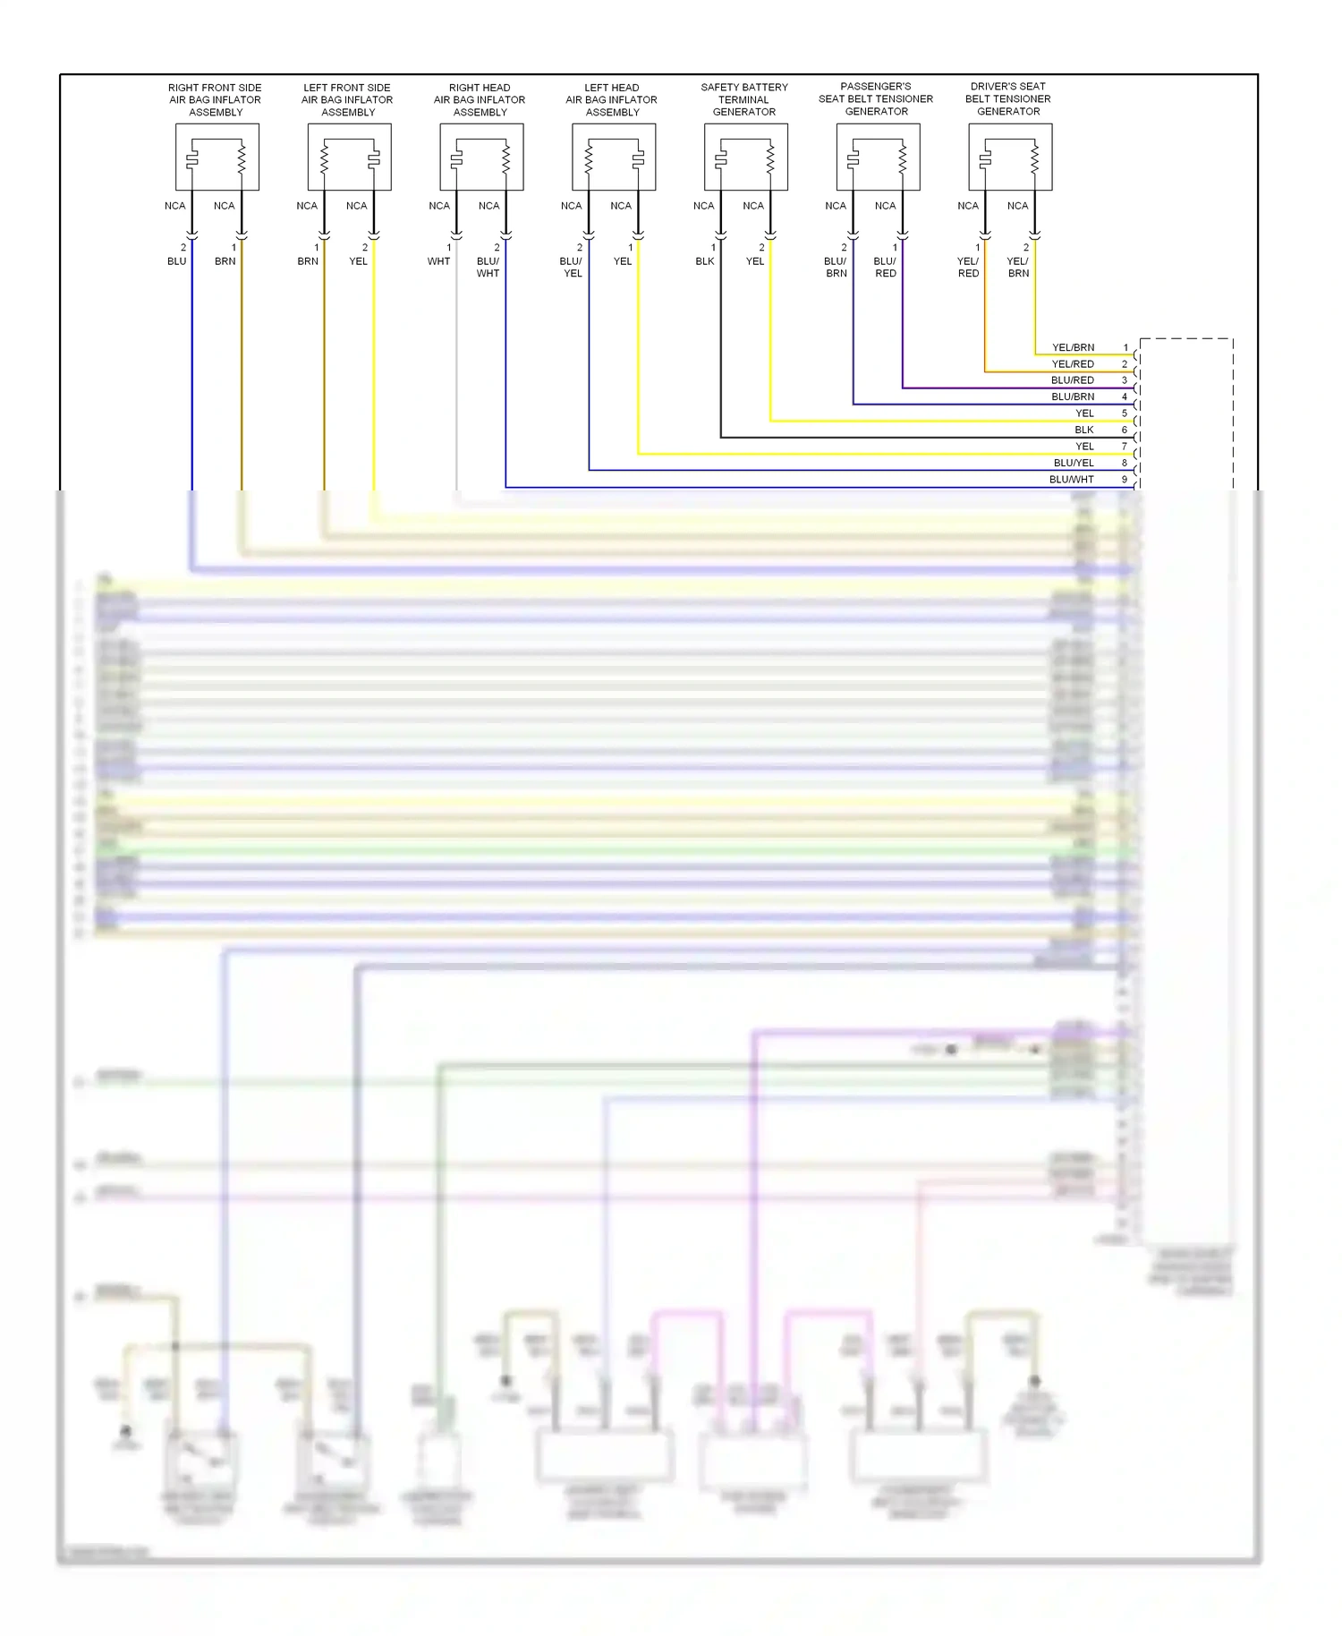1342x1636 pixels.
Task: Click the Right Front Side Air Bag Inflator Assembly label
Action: click(x=215, y=100)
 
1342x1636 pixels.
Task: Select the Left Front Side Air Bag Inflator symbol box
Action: click(x=349, y=158)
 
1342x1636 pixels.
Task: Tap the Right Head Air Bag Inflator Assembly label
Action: click(x=480, y=100)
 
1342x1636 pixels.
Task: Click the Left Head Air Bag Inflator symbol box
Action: click(x=614, y=158)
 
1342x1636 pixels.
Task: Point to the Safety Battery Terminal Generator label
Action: click(x=744, y=99)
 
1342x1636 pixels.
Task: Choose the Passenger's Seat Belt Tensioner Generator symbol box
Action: click(x=878, y=158)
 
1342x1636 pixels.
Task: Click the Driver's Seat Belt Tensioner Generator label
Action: click(x=1008, y=99)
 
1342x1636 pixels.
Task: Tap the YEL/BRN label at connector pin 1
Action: click(x=1073, y=347)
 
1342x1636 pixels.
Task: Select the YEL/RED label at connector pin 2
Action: click(x=1073, y=364)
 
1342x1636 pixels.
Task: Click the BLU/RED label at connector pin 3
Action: click(x=1073, y=380)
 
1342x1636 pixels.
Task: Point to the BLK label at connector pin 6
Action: click(x=1084, y=430)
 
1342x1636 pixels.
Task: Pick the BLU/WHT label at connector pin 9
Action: click(x=1072, y=480)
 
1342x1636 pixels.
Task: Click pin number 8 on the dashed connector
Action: click(x=1125, y=463)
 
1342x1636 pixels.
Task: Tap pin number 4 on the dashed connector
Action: click(x=1125, y=396)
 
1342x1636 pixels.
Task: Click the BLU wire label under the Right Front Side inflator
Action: click(x=177, y=261)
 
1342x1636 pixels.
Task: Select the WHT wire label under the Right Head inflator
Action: click(x=438, y=261)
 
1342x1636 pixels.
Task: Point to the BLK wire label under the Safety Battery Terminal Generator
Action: click(x=705, y=261)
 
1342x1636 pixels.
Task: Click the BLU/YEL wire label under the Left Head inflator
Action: click(x=572, y=268)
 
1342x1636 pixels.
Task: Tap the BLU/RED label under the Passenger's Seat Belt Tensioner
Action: click(x=885, y=268)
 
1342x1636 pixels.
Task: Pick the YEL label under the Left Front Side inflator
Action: click(x=358, y=261)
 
